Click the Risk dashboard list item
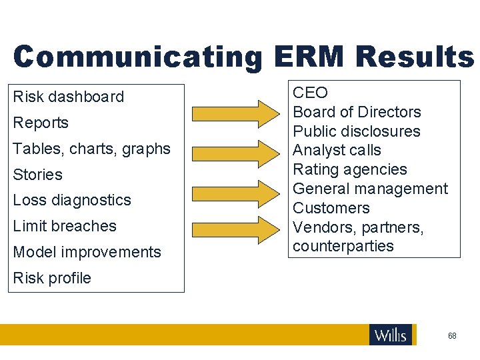pyautogui.click(x=69, y=97)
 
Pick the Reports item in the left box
pyautogui.click(x=41, y=123)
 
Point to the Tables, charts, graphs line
pyautogui.click(x=92, y=149)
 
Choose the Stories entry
pyautogui.click(x=38, y=175)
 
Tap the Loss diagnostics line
pyautogui.click(x=72, y=200)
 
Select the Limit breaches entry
pyautogui.click(x=65, y=226)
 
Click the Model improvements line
pyautogui.click(x=87, y=252)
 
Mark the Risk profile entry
pyautogui.click(x=52, y=278)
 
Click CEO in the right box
pyautogui.click(x=311, y=93)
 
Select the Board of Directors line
pyautogui.click(x=357, y=112)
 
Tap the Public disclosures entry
pyautogui.click(x=357, y=131)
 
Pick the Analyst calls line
pyautogui.click(x=337, y=151)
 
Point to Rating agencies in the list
pyautogui.click(x=350, y=169)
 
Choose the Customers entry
pyautogui.click(x=331, y=208)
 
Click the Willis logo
pyautogui.click(x=391, y=335)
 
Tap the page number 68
pyautogui.click(x=452, y=336)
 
